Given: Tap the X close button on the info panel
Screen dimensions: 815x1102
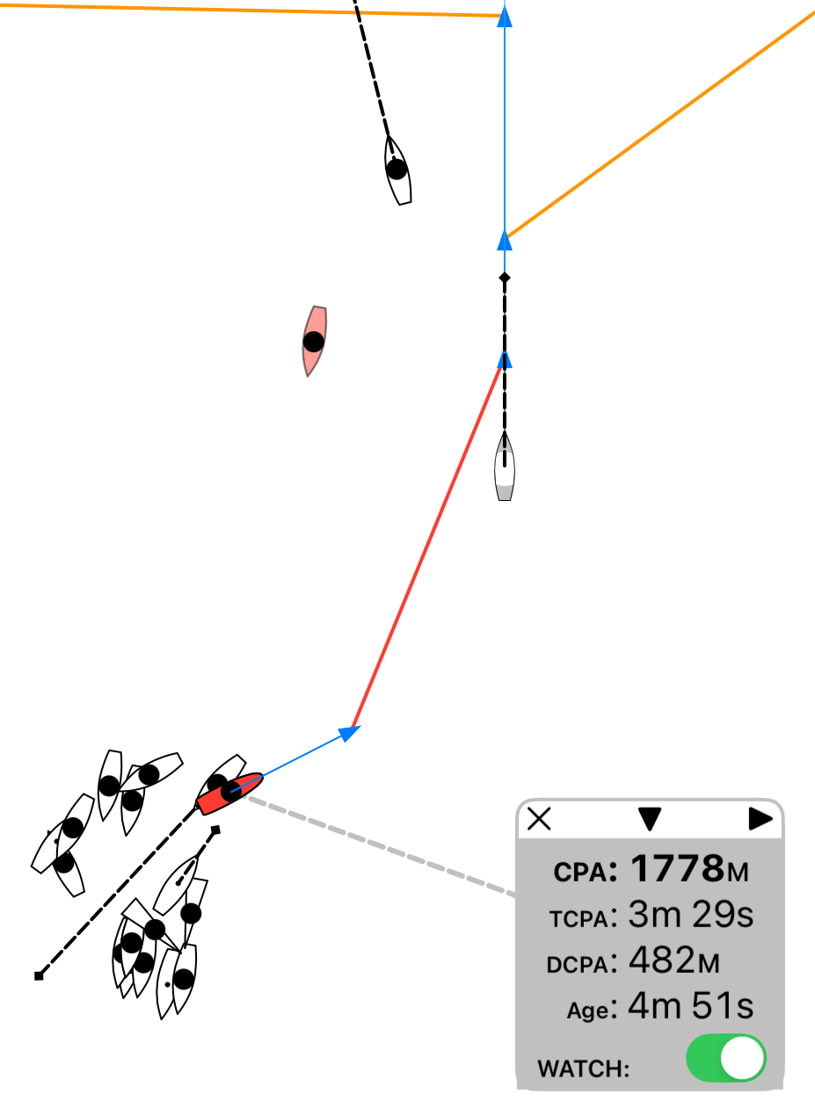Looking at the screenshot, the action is [539, 819].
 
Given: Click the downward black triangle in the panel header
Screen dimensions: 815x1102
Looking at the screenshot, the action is [650, 819].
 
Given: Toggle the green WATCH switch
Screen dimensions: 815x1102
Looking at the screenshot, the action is [726, 1058].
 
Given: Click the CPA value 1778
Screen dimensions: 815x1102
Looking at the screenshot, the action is [678, 868].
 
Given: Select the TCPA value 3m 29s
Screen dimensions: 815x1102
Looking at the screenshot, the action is [691, 914].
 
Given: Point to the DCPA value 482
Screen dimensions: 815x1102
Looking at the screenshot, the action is [662, 960].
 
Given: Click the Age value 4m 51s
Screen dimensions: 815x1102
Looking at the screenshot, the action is [691, 1006].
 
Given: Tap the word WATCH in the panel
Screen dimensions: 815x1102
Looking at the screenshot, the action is [583, 1069].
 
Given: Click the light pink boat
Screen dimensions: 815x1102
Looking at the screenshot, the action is [314, 341].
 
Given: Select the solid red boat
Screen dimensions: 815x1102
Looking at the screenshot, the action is [229, 794].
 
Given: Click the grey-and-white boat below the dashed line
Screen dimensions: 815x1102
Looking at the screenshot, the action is [505, 467].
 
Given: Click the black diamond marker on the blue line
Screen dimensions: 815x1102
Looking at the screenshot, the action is [505, 277].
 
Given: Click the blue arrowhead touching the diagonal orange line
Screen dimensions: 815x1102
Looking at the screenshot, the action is [505, 241].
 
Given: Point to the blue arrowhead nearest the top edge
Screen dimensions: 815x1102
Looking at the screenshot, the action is [505, 17].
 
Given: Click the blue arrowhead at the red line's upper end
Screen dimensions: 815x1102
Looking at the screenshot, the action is [505, 359].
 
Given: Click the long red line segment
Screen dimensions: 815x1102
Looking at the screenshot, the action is [426, 547].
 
